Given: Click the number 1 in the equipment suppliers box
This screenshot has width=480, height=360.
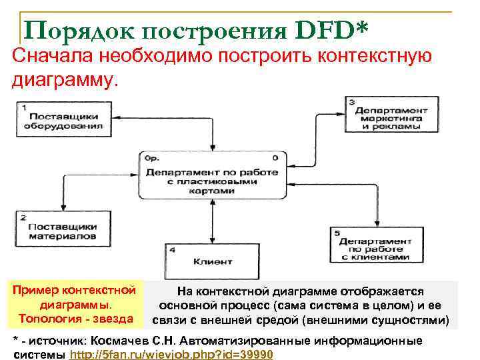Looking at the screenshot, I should (24, 107).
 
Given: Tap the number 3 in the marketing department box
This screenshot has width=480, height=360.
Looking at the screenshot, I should (352, 101).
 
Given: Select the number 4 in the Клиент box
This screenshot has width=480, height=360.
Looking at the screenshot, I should (173, 250).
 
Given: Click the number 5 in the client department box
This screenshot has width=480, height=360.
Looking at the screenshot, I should (337, 233).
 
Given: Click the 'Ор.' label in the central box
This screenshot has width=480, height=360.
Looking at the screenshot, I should (152, 159).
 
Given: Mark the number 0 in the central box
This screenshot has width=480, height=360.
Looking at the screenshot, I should (275, 158).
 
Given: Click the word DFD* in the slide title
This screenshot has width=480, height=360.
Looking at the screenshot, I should (331, 30).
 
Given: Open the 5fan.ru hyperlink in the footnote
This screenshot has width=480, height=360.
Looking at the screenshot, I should (171, 354).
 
